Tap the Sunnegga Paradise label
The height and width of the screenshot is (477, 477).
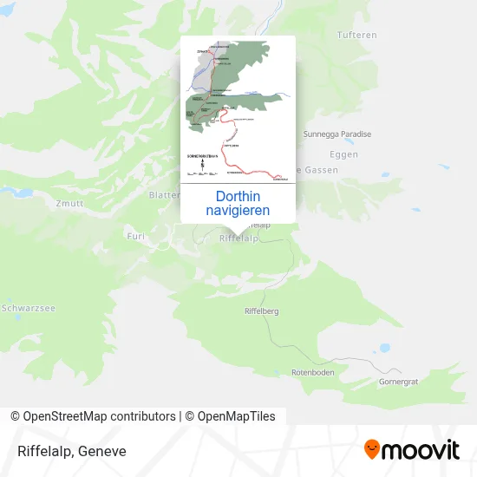337,134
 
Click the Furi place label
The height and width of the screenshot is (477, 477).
135,235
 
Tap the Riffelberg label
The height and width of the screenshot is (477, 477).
262,310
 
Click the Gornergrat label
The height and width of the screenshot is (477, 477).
399,382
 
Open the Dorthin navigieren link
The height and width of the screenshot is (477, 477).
238,204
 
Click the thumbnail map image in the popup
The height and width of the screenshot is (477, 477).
238,110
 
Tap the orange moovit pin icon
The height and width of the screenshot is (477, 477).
371,450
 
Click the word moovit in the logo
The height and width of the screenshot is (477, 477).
421,450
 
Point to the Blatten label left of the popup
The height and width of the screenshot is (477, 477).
164,195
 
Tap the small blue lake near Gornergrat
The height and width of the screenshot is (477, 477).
384,348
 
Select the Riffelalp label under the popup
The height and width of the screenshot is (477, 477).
239,238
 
